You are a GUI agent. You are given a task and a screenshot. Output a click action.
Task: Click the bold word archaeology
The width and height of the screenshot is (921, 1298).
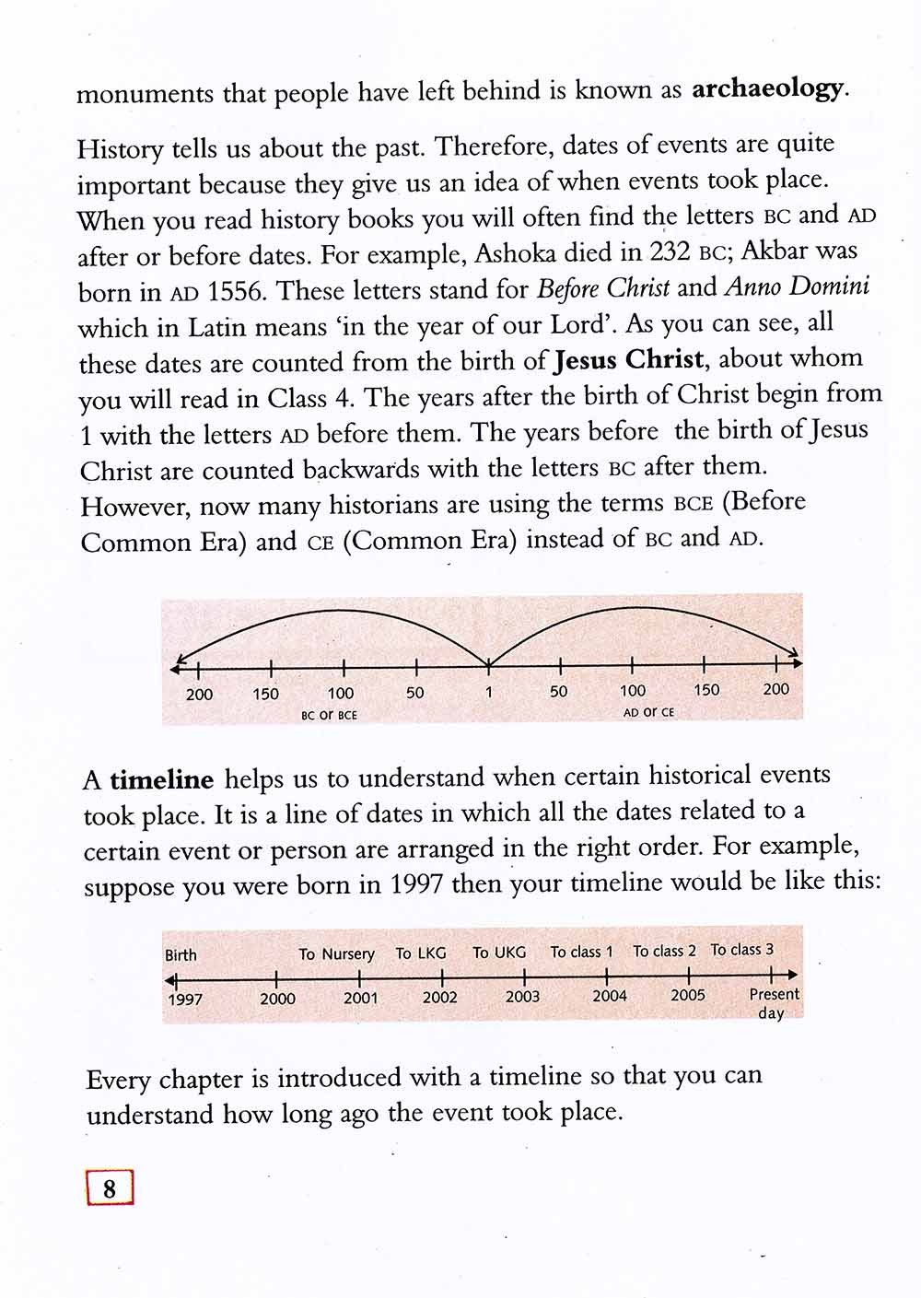pyautogui.click(x=767, y=89)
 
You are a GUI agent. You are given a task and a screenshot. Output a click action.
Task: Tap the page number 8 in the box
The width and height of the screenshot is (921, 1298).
pyautogui.click(x=110, y=1188)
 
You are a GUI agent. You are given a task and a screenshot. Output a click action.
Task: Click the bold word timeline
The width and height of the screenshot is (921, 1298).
pyautogui.click(x=161, y=780)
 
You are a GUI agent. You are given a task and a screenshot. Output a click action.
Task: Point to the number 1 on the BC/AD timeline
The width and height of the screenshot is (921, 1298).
pyautogui.click(x=489, y=691)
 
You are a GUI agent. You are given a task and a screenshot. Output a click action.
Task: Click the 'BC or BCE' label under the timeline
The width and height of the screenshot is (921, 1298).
pyautogui.click(x=329, y=714)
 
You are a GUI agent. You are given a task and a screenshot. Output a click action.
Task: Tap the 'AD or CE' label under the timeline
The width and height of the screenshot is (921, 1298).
pyautogui.click(x=648, y=712)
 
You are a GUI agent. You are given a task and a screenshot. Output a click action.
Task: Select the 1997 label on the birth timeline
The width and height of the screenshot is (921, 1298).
pyautogui.click(x=185, y=1000)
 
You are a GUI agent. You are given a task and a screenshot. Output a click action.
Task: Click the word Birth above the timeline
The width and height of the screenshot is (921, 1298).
pyautogui.click(x=181, y=955)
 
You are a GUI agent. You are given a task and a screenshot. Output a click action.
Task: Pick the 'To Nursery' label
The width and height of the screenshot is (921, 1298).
pyautogui.click(x=336, y=954)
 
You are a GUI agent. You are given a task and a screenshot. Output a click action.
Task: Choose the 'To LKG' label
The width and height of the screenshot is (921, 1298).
pyautogui.click(x=421, y=953)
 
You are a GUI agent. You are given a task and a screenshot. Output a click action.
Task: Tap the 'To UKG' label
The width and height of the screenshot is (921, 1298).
pyautogui.click(x=499, y=953)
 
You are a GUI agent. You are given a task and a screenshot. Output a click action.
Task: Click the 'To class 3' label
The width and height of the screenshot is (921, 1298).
pyautogui.click(x=742, y=950)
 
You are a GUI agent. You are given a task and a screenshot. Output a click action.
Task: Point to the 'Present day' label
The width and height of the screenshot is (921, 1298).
pyautogui.click(x=774, y=1003)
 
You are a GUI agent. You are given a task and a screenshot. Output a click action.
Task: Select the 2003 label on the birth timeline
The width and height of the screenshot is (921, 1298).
pyautogui.click(x=522, y=997)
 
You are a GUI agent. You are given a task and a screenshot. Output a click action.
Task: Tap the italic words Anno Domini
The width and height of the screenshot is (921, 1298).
pyautogui.click(x=797, y=286)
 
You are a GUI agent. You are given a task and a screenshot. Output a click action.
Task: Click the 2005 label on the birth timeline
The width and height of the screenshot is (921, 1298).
pyautogui.click(x=688, y=995)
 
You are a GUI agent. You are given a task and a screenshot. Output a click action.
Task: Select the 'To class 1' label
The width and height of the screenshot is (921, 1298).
pyautogui.click(x=581, y=952)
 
